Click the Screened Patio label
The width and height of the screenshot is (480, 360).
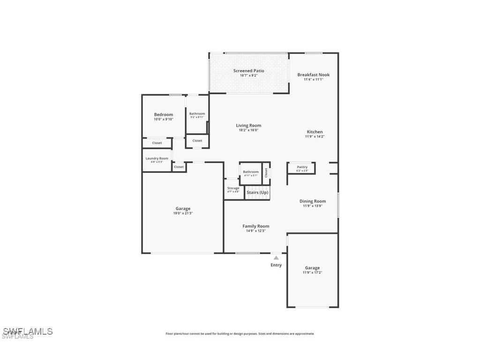click(x=248, y=71)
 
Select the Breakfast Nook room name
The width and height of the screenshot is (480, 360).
click(x=313, y=75)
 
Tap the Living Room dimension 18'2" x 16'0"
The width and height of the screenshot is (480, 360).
click(x=248, y=130)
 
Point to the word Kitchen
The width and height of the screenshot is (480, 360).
click(x=315, y=132)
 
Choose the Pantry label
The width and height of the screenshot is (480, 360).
click(x=302, y=167)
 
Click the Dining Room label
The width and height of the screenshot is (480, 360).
click(x=313, y=201)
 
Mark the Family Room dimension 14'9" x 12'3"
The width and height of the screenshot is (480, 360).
click(x=255, y=231)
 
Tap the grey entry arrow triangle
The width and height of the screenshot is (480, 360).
click(x=276, y=257)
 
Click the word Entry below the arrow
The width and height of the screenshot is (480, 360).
click(x=276, y=265)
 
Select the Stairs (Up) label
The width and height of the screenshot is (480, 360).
click(x=257, y=192)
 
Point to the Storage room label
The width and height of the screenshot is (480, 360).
click(x=233, y=188)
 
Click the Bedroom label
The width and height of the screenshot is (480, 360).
click(x=164, y=114)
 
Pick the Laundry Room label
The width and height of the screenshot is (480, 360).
click(x=157, y=158)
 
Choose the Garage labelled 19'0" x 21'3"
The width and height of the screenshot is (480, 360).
click(x=183, y=209)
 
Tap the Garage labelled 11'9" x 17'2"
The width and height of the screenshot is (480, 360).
click(x=312, y=268)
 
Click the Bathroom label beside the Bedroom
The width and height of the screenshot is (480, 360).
click(x=197, y=113)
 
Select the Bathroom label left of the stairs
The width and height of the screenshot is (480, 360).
click(x=251, y=172)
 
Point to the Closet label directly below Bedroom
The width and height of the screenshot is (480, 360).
click(x=157, y=143)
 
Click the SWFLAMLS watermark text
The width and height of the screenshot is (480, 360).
click(x=27, y=332)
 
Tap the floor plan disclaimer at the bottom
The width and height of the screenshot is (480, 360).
click(x=240, y=334)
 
